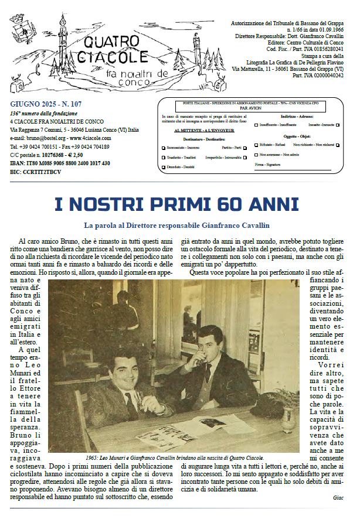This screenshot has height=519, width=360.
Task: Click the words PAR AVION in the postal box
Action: point(251,108)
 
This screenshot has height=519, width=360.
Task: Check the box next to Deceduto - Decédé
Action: point(164,168)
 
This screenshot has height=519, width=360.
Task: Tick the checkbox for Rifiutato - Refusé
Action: point(256,145)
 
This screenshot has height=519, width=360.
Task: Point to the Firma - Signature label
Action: point(269,166)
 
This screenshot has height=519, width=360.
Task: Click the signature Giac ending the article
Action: point(338,498)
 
